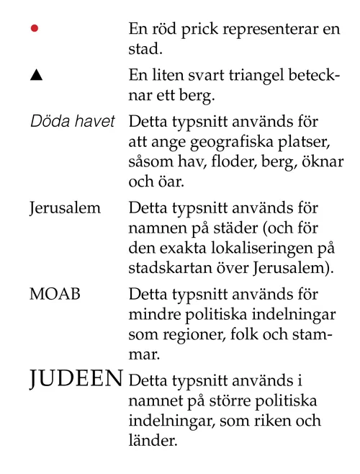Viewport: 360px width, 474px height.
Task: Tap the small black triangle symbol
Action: (x=35, y=75)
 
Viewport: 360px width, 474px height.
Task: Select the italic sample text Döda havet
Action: (x=72, y=120)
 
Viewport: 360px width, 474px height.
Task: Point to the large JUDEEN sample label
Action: (x=76, y=379)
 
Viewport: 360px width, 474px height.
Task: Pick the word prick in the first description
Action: (x=204, y=30)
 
